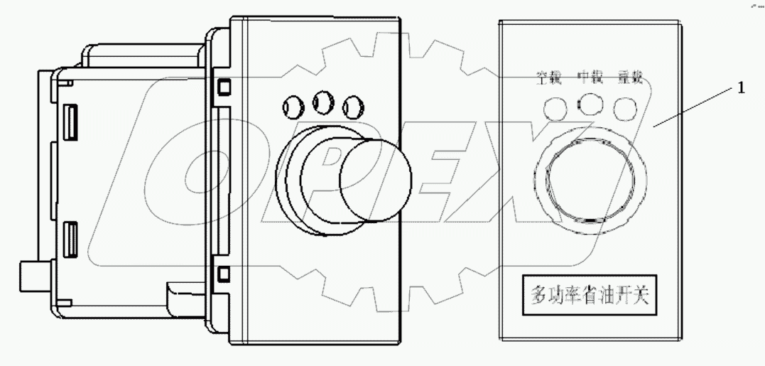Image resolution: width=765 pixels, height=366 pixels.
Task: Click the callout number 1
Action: coord(741,90)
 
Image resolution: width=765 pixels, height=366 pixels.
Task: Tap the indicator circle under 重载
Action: coord(625,107)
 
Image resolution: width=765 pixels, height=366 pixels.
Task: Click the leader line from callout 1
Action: coord(696,107)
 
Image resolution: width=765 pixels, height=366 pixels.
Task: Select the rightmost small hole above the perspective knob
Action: coord(352,107)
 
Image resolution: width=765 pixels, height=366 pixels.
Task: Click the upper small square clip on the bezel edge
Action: coord(224,87)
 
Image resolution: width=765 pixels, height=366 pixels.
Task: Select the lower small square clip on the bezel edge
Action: coord(224,273)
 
